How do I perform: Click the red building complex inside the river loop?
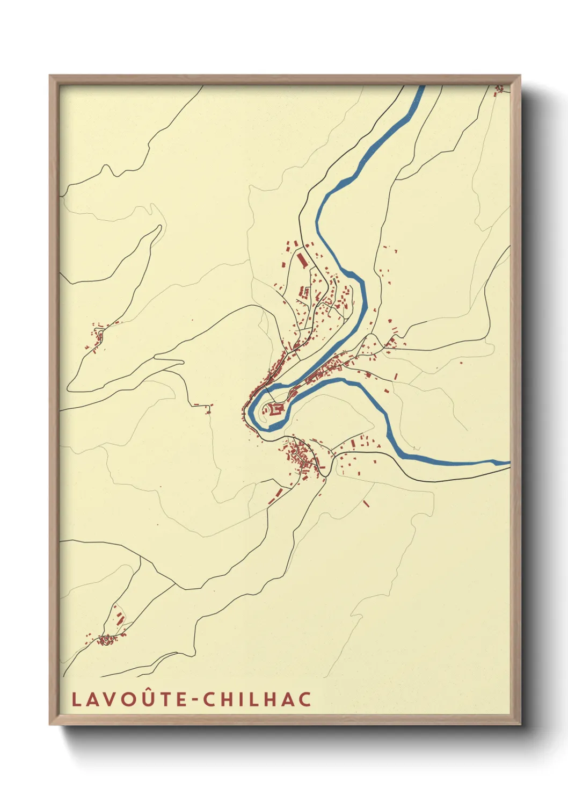click(x=276, y=409)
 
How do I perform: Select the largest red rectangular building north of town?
click(x=302, y=261)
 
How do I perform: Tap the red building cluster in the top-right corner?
click(x=500, y=89)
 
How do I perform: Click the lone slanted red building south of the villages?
click(x=366, y=503)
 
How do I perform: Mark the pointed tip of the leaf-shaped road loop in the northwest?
click(x=160, y=226)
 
